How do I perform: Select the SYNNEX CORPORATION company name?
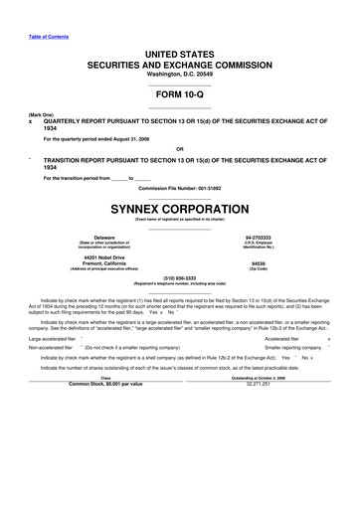point(180,210)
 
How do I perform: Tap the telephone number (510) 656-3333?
point(180,278)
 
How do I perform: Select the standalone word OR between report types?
point(180,151)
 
